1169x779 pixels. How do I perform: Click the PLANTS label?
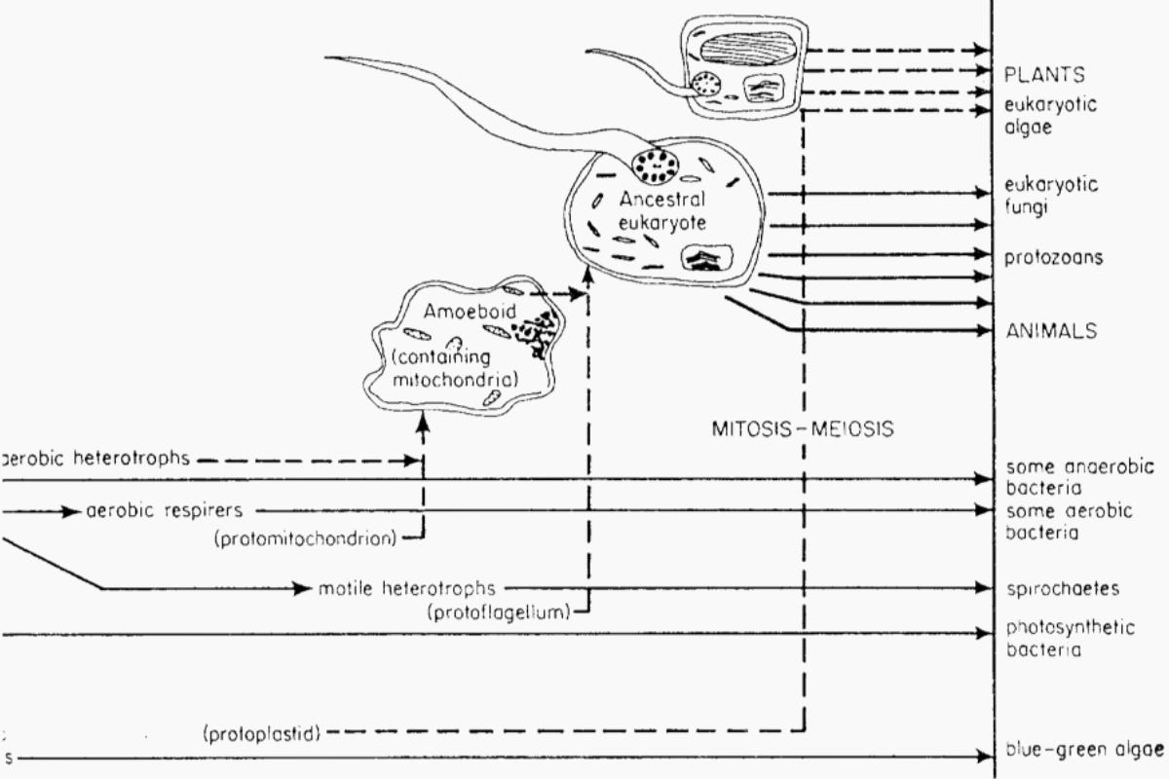[x=1045, y=75]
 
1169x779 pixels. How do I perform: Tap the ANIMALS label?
[x=1050, y=331]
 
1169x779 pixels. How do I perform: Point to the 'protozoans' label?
[x=1054, y=258]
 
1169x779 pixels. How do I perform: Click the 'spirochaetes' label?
[x=1061, y=589]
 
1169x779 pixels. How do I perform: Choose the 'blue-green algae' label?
[x=1083, y=750]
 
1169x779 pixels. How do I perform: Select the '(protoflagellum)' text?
[x=497, y=612]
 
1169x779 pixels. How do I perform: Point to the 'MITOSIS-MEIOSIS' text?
[x=804, y=427]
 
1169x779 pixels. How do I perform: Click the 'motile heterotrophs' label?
[x=407, y=588]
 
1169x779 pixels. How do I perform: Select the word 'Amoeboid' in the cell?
[x=461, y=312]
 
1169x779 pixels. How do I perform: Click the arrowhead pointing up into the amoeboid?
[x=423, y=422]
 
